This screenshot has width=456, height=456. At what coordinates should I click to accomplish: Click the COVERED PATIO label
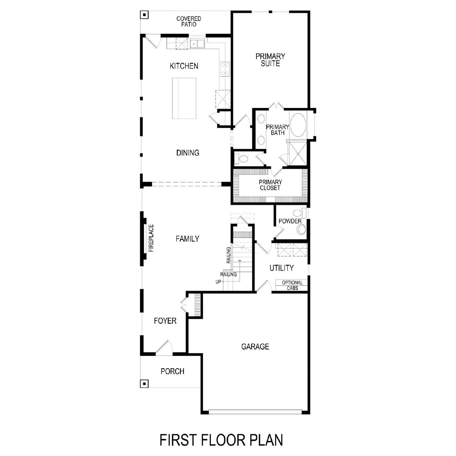click(188, 21)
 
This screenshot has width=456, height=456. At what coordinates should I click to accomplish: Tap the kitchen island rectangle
click(184, 98)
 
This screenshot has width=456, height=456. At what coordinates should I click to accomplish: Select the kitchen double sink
click(197, 44)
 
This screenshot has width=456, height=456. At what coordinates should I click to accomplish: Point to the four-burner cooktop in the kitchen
click(225, 69)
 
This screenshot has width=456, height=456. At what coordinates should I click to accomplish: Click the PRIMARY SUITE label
click(270, 60)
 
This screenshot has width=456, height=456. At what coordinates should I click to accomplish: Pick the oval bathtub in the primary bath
click(298, 125)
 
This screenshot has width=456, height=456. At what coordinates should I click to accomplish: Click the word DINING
click(188, 153)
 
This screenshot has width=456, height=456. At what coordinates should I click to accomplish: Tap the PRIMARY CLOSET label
click(270, 185)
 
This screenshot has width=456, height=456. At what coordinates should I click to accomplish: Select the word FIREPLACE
click(151, 238)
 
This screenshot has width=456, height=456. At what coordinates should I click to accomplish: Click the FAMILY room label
click(187, 239)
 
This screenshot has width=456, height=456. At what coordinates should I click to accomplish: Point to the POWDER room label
click(290, 221)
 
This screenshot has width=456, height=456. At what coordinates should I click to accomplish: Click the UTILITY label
click(282, 268)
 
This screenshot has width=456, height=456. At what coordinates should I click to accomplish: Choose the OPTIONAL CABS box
click(291, 285)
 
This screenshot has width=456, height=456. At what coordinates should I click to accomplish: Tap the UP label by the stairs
click(218, 282)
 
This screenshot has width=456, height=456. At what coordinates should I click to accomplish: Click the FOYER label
click(165, 321)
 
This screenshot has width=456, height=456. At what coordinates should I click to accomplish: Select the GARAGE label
click(255, 347)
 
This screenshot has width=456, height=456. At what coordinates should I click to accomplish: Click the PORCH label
click(172, 371)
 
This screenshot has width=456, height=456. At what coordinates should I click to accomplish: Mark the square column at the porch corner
click(144, 383)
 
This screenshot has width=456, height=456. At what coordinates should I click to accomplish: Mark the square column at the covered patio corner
click(144, 15)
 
